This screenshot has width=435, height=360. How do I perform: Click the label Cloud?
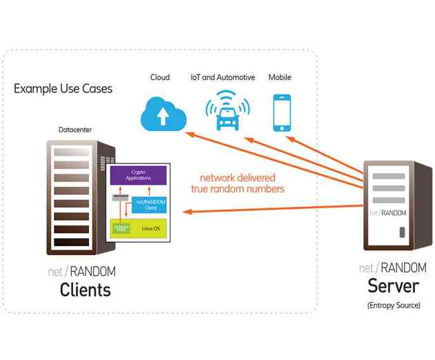pyautogui.click(x=160, y=77)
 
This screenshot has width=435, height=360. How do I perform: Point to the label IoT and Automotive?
pyautogui.click(x=223, y=77)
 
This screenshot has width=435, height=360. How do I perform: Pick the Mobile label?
pyautogui.click(x=281, y=77)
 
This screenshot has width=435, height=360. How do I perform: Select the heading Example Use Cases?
pyautogui.click(x=63, y=89)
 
